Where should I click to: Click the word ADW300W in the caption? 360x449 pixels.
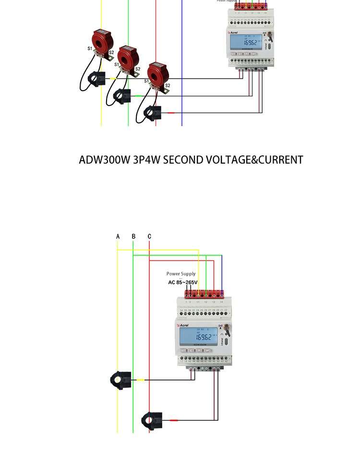[x=104, y=160]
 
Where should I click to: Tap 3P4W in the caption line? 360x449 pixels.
[x=146, y=160]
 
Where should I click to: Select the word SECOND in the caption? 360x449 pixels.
[x=183, y=160]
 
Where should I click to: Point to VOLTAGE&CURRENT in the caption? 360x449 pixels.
[x=254, y=160]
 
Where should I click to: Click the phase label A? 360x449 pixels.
[x=118, y=236]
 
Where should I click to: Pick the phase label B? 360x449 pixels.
[x=133, y=236]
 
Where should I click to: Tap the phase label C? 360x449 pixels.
[x=149, y=236]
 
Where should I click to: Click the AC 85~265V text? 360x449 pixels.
[x=183, y=283]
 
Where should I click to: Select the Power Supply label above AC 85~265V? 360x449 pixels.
[x=181, y=274]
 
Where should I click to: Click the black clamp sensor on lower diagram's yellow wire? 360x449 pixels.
[x=120, y=380]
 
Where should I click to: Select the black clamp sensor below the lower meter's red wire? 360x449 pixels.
[x=152, y=420]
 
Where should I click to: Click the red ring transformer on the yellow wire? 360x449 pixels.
[x=102, y=42]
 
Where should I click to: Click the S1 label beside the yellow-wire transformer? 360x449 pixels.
[x=90, y=48]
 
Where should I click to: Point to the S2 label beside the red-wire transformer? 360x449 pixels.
[x=168, y=86]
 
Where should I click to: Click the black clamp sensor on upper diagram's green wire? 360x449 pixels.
[x=122, y=96]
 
